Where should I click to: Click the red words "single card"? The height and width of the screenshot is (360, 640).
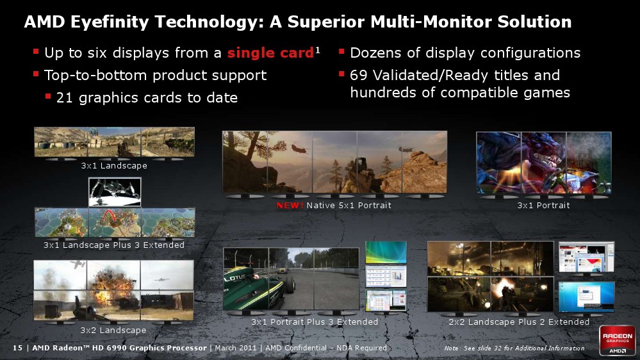pyautogui.click(x=270, y=53)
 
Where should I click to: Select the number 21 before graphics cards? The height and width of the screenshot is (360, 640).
pyautogui.click(x=65, y=97)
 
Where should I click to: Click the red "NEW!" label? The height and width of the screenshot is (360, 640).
pyautogui.click(x=290, y=206)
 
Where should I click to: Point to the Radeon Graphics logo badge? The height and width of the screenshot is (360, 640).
pyautogui.click(x=617, y=340)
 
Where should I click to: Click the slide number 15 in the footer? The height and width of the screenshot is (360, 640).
pyautogui.click(x=17, y=348)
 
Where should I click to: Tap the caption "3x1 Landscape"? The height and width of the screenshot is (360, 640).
pyautogui.click(x=114, y=166)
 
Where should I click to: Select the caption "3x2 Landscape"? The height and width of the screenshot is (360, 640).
pyautogui.click(x=113, y=330)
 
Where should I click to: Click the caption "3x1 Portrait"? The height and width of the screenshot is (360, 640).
pyautogui.click(x=543, y=206)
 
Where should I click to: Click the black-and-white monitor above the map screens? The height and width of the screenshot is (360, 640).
pyautogui.click(x=115, y=192)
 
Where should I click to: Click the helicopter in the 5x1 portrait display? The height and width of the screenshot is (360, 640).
pyautogui.click(x=299, y=148)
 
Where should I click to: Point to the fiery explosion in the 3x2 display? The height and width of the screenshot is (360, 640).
pyautogui.click(x=111, y=286)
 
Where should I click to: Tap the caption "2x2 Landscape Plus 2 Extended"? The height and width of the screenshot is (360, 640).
pyautogui.click(x=519, y=322)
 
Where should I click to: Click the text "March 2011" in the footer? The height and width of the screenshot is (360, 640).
pyautogui.click(x=236, y=348)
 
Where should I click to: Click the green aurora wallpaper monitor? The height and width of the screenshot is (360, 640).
pyautogui.click(x=386, y=252)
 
